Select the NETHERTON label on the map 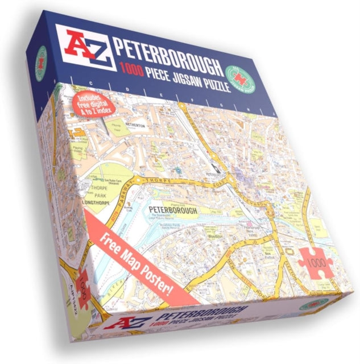pos(133,125)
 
